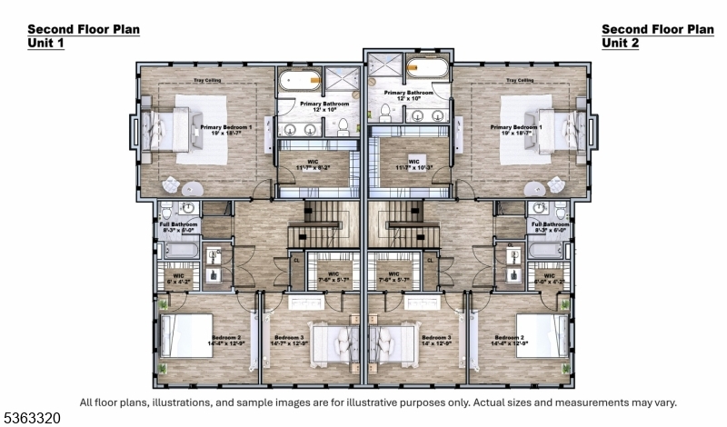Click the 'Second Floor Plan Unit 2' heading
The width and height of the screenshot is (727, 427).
(657, 36)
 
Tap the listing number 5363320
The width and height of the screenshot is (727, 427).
(35, 418)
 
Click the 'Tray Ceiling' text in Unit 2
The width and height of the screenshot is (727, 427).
(519, 81)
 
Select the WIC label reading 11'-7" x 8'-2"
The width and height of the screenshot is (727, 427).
(312, 164)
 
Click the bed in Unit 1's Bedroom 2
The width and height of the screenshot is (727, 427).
(186, 336)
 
